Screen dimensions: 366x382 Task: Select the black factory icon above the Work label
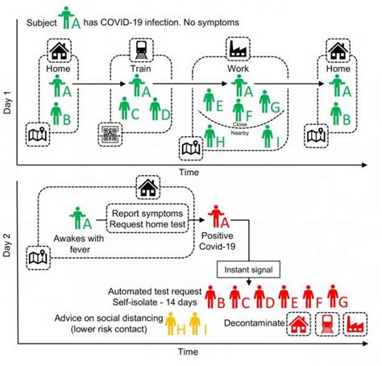click(238, 50)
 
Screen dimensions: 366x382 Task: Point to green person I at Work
click(267, 139)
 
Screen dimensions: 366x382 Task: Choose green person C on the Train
click(124, 109)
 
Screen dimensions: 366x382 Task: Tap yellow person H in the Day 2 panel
click(172, 324)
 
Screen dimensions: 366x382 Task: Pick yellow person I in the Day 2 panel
click(193, 324)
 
